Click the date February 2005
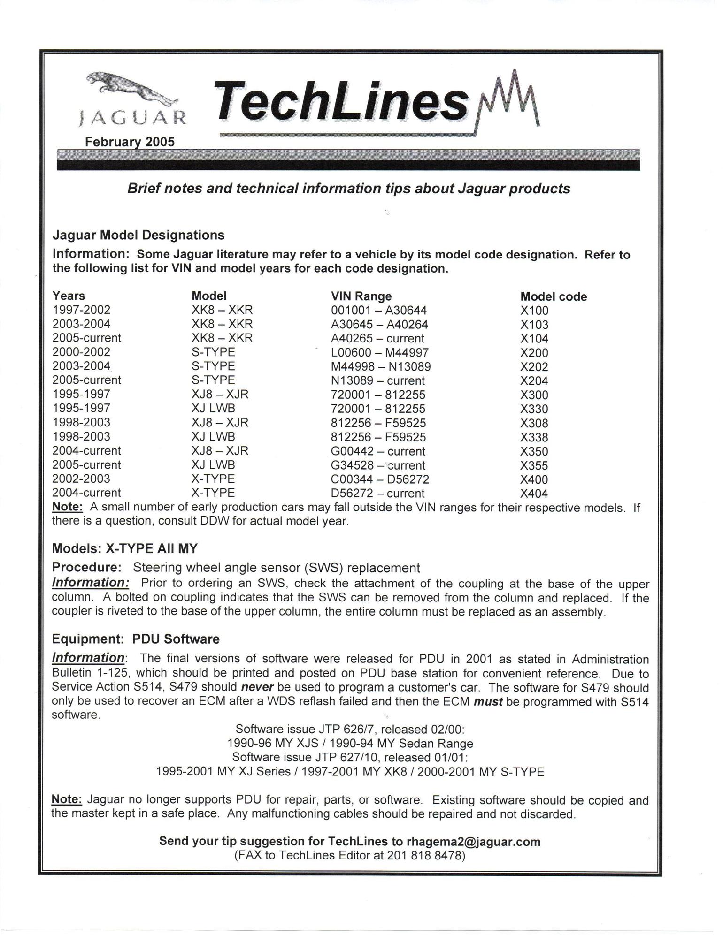[130, 142]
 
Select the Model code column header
[554, 296]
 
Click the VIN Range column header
[361, 296]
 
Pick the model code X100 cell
[534, 311]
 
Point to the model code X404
[534, 494]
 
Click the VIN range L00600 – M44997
[380, 352]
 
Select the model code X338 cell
[534, 437]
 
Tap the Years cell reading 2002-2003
[81, 479]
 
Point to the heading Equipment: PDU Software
[136, 639]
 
